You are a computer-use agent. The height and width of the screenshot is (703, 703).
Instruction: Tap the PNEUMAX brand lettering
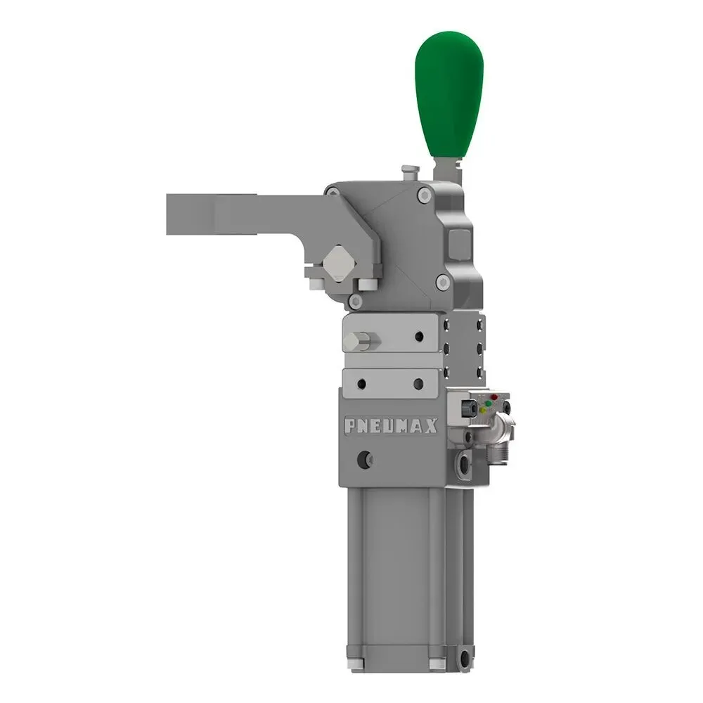(x=391, y=426)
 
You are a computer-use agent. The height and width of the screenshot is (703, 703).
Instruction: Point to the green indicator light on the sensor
(x=483, y=409)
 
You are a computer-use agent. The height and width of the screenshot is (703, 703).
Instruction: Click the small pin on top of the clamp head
(x=407, y=172)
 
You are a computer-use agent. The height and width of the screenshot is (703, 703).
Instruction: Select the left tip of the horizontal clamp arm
(x=172, y=214)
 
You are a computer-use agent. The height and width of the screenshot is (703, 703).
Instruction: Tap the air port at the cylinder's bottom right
(x=464, y=659)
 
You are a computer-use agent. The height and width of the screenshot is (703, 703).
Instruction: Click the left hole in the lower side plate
(x=361, y=384)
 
